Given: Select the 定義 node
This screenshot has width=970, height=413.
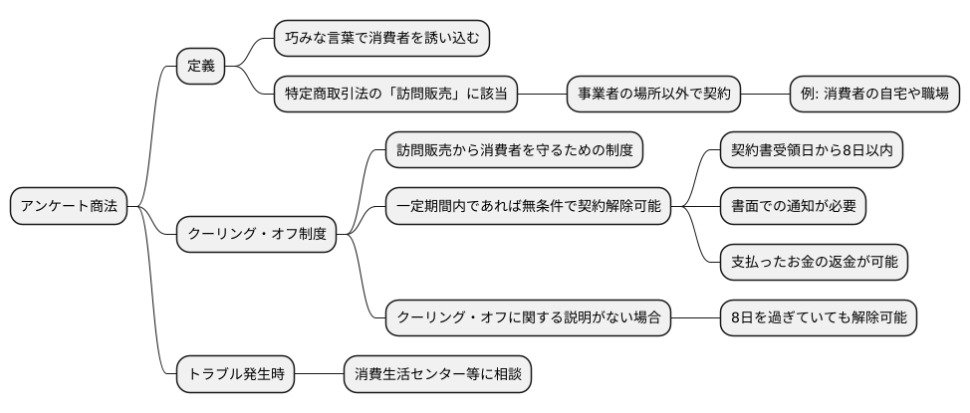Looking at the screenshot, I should (200, 67).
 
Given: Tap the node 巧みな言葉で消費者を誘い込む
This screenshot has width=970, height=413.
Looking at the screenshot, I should (382, 39).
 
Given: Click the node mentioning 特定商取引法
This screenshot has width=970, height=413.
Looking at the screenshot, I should (396, 95).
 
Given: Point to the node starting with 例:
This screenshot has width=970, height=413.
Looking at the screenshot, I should (873, 95).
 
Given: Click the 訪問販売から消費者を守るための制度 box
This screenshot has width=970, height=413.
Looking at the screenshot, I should (514, 151).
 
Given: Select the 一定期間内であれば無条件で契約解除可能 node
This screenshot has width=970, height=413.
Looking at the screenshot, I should (528, 207).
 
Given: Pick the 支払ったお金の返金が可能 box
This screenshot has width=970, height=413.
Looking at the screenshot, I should (814, 263).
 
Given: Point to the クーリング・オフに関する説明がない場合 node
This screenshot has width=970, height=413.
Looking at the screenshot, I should (528, 318).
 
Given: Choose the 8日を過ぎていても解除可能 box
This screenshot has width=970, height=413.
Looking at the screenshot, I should (819, 318).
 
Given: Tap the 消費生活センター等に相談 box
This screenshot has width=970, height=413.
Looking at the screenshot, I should (438, 374).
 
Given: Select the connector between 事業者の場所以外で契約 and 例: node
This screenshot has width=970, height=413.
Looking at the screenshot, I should (765, 95).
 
